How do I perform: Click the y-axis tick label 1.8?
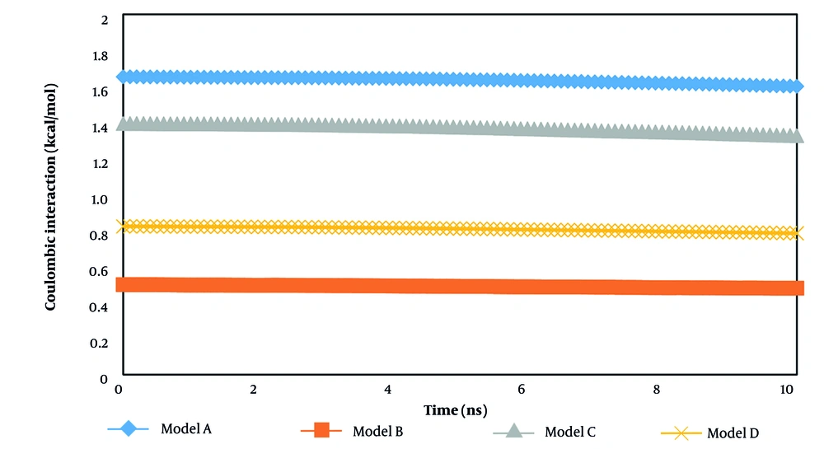100,55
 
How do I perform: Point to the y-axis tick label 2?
105,19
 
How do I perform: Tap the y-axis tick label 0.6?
100,271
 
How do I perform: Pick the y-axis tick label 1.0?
100,199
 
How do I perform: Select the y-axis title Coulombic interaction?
51,196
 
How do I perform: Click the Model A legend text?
185,428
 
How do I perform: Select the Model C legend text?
570,431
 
